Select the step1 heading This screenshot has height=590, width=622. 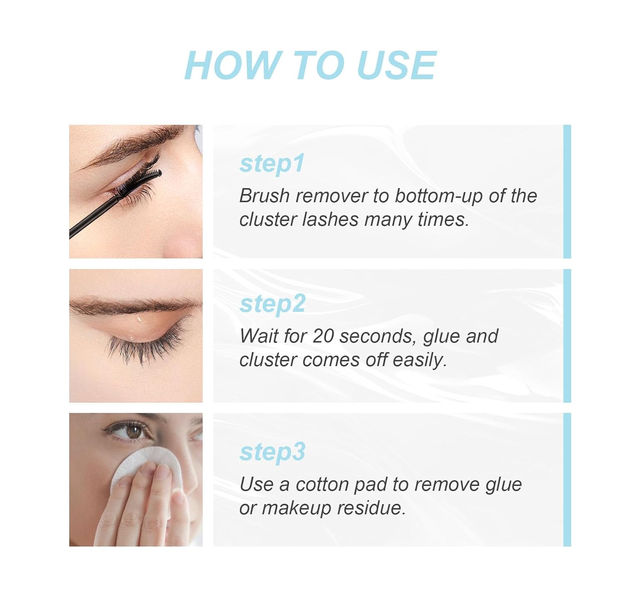coord(272,164)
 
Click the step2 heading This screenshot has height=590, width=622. coord(272,304)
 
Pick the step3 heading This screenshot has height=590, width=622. coord(272,452)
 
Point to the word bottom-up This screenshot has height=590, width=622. coord(439,196)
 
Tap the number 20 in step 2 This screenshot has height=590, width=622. coord(323,336)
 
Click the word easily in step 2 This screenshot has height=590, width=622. coord(420,361)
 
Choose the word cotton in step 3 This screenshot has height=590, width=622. coord(322,485)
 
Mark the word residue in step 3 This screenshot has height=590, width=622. coord(371,509)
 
